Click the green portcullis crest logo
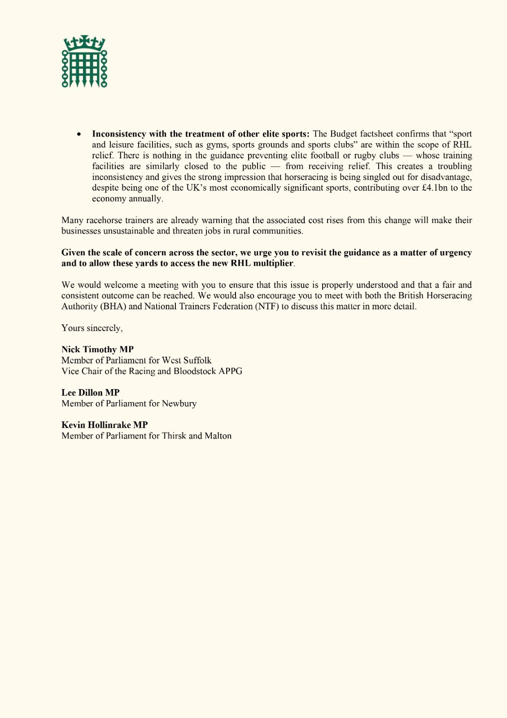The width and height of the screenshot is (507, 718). (84, 61)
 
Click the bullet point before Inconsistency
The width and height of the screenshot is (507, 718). (79, 134)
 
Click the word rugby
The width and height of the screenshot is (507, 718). (354, 156)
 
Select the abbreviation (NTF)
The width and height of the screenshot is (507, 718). (267, 306)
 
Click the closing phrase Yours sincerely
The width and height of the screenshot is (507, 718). (92, 328)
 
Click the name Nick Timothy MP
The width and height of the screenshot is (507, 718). (97, 350)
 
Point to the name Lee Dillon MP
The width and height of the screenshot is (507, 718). (90, 393)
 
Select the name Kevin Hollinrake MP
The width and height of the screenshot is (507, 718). (105, 425)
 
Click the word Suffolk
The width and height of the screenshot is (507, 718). (197, 360)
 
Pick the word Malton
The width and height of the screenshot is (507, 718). (218, 436)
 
